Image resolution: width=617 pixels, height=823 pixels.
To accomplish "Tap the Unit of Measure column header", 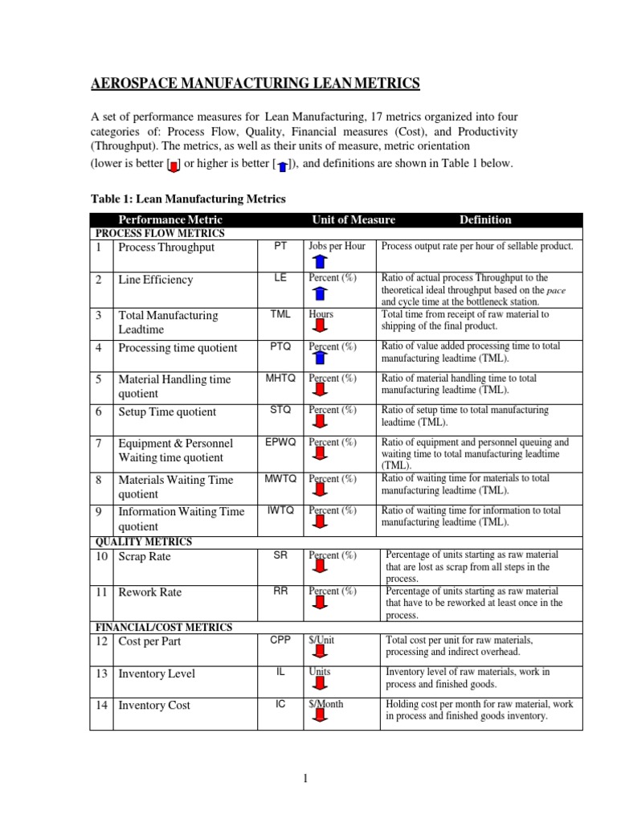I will point(353,219).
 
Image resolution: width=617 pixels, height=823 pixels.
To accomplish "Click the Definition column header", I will point(484,219).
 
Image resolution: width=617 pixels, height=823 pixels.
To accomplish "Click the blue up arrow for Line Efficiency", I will point(319,293).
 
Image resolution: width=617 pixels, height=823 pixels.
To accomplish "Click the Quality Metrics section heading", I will point(145,543).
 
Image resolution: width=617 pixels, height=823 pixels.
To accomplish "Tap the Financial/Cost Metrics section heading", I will point(164,627).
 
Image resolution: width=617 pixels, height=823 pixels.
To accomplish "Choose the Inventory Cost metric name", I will point(154,706).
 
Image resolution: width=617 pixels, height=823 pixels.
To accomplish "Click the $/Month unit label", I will point(326,703).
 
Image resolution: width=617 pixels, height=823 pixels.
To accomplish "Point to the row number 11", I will point(101,592).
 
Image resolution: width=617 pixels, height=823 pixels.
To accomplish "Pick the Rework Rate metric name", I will point(150,592).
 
